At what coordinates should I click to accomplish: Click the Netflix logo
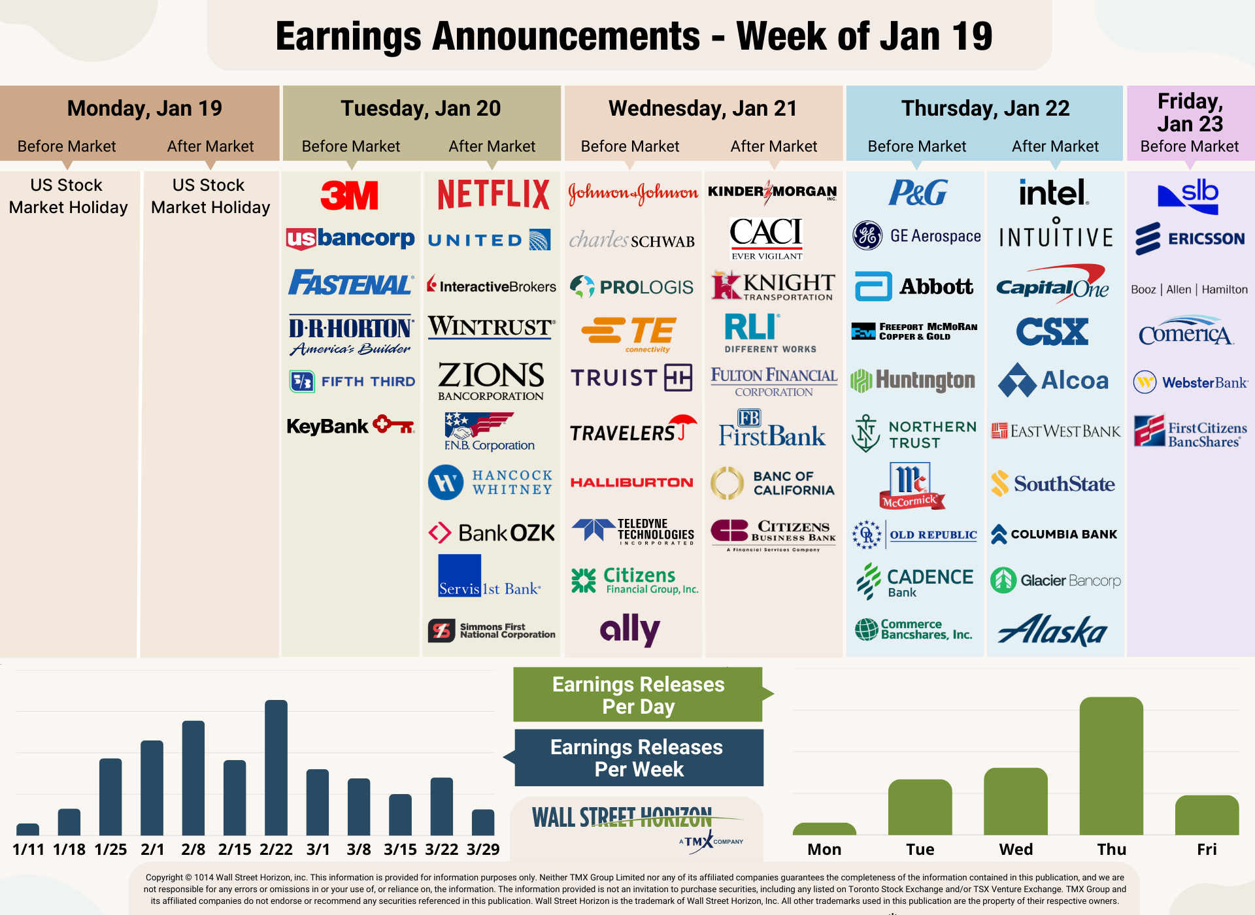(x=494, y=194)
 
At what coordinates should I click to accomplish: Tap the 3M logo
(x=350, y=195)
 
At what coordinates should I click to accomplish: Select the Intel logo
(x=1054, y=193)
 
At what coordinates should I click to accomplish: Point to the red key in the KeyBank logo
(x=393, y=425)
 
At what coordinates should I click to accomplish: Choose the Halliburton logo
(x=631, y=482)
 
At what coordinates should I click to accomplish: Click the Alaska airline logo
(x=1053, y=631)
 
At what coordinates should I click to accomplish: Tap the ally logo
(x=629, y=629)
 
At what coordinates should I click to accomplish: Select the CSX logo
(x=1052, y=331)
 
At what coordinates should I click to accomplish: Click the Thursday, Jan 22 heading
(x=985, y=108)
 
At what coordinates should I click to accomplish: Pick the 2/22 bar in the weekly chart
(x=276, y=767)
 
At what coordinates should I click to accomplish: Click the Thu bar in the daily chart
(x=1111, y=766)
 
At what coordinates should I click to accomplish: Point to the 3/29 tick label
(x=483, y=849)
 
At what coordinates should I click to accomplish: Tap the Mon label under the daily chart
(x=824, y=849)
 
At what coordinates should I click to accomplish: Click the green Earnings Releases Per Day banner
(x=638, y=695)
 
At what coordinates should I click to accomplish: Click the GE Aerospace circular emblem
(x=867, y=236)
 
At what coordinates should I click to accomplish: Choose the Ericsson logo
(x=1190, y=239)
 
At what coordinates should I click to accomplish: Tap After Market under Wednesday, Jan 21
(x=773, y=146)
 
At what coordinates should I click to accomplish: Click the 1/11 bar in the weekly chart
(x=27, y=829)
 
